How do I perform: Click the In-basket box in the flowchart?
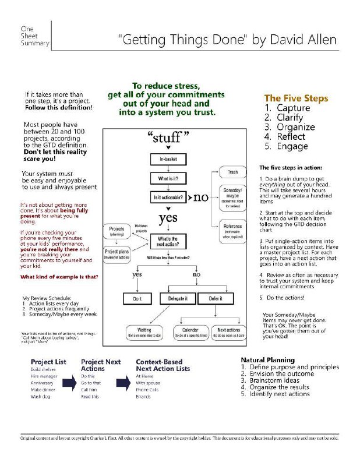pos(168,158)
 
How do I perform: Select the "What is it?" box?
pos(168,178)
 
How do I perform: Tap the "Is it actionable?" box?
pos(168,197)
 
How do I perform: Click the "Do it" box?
pos(137,298)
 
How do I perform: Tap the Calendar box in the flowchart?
pos(193,333)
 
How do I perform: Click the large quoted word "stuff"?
pos(170,138)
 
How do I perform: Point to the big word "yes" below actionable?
pos(169,218)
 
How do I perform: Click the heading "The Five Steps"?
pos(295,98)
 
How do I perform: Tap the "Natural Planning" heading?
pos(267,360)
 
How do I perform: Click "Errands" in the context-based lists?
pos(143,396)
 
